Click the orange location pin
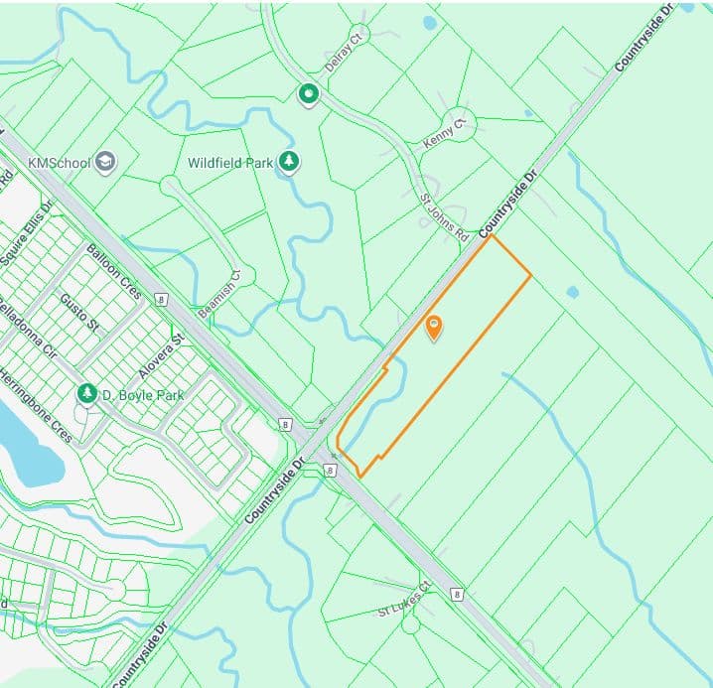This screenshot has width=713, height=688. [x=434, y=327]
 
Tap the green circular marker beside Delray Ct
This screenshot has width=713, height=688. [x=310, y=94]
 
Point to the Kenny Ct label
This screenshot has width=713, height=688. [x=443, y=133]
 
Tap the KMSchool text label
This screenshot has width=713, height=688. [x=60, y=162]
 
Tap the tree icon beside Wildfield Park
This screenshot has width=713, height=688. [x=288, y=162]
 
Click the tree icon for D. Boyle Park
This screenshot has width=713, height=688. [x=88, y=394]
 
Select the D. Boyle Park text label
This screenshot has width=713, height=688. [x=144, y=395]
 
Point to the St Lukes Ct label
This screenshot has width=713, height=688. [x=405, y=603]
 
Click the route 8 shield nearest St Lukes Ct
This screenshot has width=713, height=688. [x=457, y=595]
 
